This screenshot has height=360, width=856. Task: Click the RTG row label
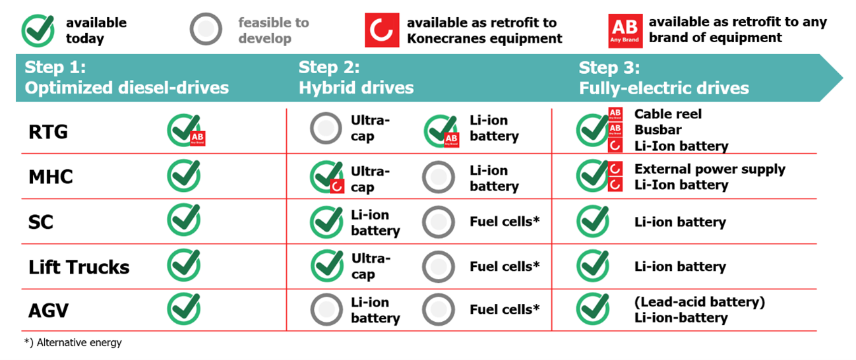tap(48, 132)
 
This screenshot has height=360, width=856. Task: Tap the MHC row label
tap(50, 177)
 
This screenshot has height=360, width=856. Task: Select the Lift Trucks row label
tap(78, 267)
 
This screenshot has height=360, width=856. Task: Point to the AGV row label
tap(49, 311)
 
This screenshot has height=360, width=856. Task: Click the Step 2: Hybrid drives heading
tap(355, 77)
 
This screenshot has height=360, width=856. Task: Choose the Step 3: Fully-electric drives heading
tap(664, 78)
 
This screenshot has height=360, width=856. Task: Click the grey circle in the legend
tap(206, 30)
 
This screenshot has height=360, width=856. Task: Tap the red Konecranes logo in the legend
tap(382, 30)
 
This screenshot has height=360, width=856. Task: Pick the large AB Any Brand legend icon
tap(625, 31)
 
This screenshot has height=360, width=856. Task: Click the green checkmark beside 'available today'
tap(38, 30)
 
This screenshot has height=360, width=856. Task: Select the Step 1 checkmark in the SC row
tap(184, 220)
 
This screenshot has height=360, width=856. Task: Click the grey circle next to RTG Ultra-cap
tap(326, 128)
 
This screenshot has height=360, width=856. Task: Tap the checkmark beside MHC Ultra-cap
tap(326, 177)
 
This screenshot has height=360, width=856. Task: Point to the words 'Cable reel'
tap(668, 114)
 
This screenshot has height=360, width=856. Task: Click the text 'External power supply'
tap(710, 169)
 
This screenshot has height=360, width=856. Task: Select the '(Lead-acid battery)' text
tap(699, 302)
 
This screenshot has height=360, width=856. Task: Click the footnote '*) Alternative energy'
tap(73, 342)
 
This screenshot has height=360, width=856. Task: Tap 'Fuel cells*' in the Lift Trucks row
tap(504, 266)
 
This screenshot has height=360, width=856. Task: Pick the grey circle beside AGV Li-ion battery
tap(326, 309)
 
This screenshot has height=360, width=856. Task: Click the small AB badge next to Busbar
tap(615, 129)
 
